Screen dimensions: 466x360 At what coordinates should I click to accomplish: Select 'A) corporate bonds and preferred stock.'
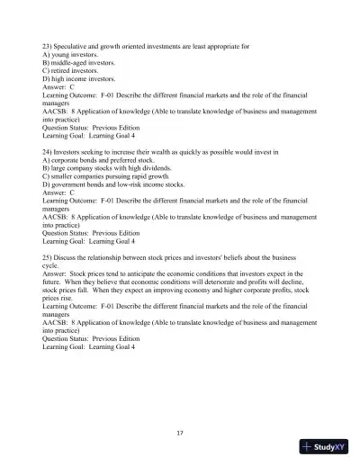coord(99,162)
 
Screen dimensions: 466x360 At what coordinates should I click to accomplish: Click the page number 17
coord(180,433)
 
